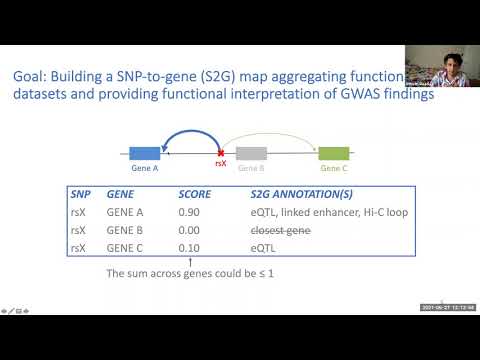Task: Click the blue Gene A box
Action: [145, 153]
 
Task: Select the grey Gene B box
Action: [250, 153]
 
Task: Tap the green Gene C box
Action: [333, 153]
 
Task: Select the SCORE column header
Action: [194, 195]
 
